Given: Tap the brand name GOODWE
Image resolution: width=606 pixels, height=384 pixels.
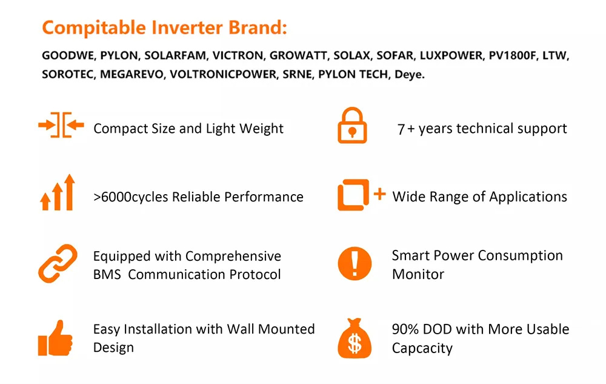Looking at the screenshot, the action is tap(68, 56).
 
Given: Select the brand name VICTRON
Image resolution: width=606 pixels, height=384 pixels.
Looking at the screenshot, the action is tap(238, 56).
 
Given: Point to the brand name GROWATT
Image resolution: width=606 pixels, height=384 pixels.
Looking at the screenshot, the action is tap(298, 56).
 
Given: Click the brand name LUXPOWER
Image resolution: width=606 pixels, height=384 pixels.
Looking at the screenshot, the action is tap(451, 56).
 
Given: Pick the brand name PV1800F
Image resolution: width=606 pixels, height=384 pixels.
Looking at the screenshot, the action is tap(513, 56).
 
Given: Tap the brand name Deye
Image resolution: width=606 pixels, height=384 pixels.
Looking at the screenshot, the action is tap(409, 75).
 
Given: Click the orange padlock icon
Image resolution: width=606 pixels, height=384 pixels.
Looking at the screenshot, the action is tap(352, 126).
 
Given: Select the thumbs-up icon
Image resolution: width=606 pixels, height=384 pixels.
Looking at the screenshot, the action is tap(55, 338).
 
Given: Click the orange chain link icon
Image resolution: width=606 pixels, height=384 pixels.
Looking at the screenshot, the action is tap(58, 263).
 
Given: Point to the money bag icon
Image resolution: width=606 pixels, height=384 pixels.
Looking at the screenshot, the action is tap(355, 338).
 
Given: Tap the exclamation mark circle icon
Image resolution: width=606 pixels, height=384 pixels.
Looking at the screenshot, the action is tap(355, 263).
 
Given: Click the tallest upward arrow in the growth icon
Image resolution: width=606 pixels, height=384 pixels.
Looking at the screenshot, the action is tap(70, 192).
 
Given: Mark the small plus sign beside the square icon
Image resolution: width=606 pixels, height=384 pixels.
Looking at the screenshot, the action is tap(379, 194).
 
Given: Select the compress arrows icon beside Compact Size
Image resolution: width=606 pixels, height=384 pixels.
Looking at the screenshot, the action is tap(61, 125).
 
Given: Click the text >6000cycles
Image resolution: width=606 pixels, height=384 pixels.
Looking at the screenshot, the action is tap(131, 197).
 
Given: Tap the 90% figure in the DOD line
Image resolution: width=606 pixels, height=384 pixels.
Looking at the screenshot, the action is tap(405, 329).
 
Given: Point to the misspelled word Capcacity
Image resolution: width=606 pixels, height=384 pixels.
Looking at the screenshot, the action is tap(422, 348).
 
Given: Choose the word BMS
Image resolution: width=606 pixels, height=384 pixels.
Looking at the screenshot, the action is tap(107, 275).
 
